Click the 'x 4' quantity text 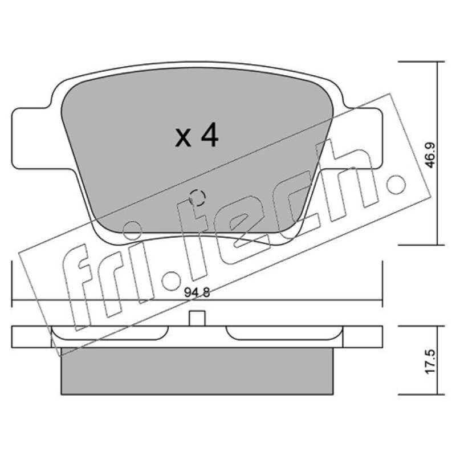(x=197, y=135)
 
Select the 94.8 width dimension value (x=197, y=292)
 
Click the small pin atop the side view (x=197, y=318)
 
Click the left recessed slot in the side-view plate (x=110, y=333)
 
